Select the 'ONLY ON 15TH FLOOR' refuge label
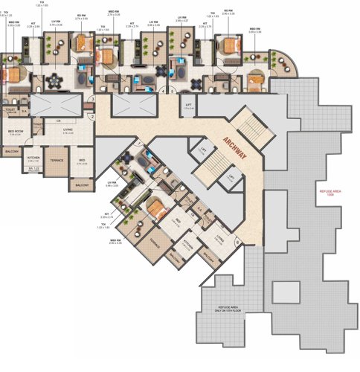(x=227, y=311)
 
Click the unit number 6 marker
(x=237, y=240)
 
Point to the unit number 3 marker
(x=91, y=99)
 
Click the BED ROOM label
(x=16, y=132)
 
